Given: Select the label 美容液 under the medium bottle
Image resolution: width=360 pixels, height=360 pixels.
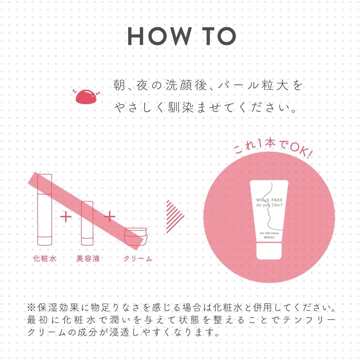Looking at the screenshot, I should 88,259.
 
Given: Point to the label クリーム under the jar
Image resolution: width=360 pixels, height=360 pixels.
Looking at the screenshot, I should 137,259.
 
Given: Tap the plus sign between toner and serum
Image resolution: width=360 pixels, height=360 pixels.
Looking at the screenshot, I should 66,217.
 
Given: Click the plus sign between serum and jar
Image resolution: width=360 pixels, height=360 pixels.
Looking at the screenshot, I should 110,217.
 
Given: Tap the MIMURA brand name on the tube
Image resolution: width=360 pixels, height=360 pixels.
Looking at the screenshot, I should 269,237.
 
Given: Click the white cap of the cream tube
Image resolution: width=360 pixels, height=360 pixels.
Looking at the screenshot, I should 269,252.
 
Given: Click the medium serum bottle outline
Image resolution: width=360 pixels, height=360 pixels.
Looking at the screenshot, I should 87,222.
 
